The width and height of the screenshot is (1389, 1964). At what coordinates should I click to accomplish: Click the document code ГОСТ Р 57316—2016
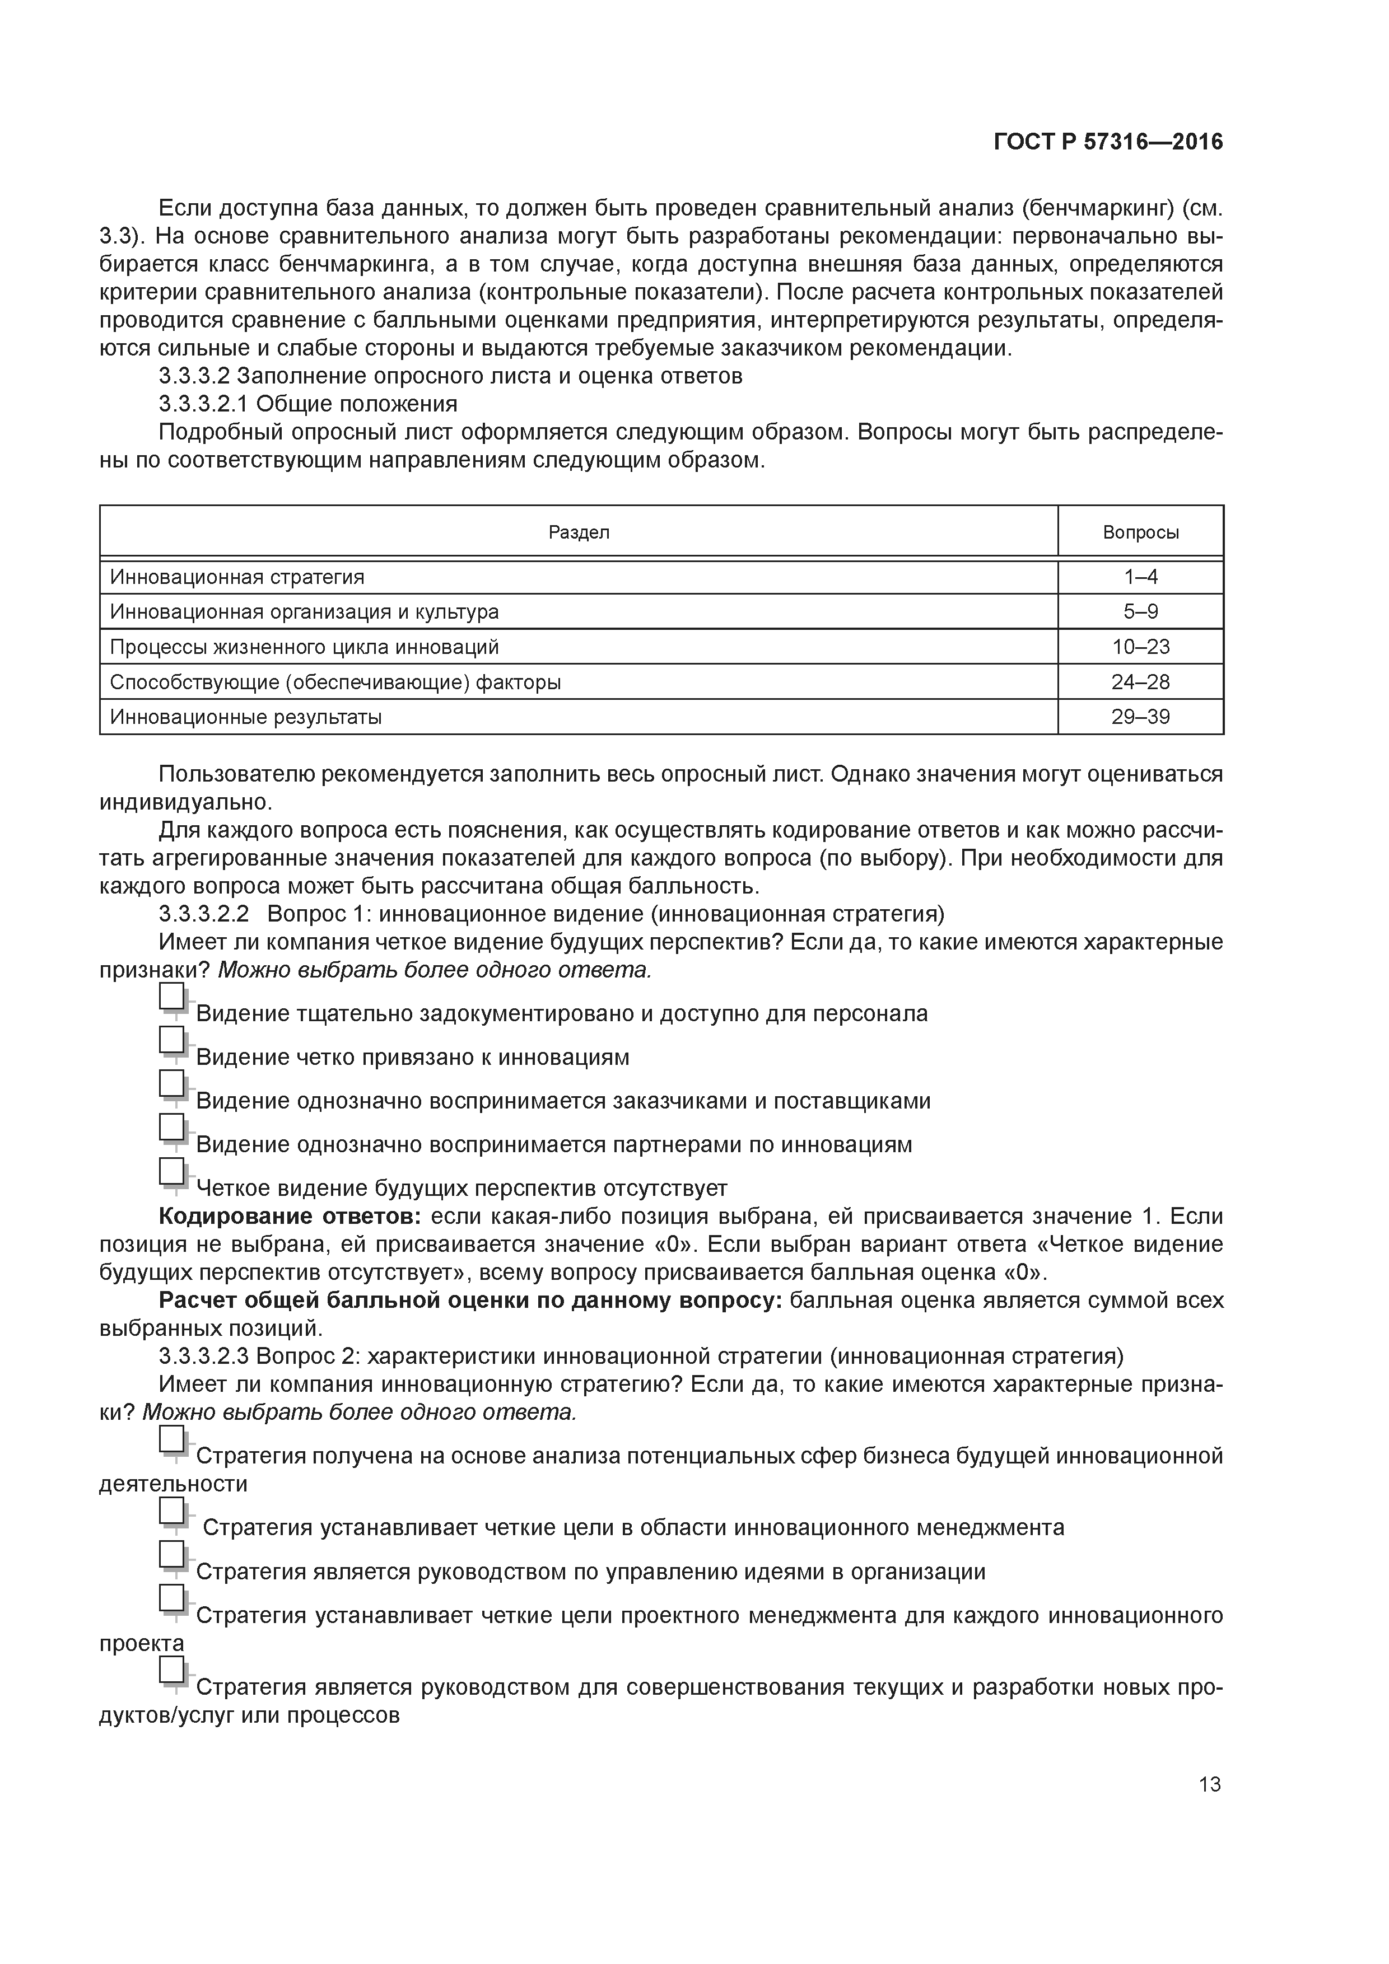1107,143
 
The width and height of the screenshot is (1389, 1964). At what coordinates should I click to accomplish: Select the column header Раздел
579,533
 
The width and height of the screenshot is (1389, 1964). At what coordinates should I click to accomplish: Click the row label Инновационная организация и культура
304,612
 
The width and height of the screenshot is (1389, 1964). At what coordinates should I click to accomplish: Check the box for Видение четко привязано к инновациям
172,1040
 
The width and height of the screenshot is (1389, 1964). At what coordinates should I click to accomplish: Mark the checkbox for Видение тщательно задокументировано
172,997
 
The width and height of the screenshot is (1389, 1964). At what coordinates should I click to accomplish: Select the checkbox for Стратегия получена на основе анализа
172,1439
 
